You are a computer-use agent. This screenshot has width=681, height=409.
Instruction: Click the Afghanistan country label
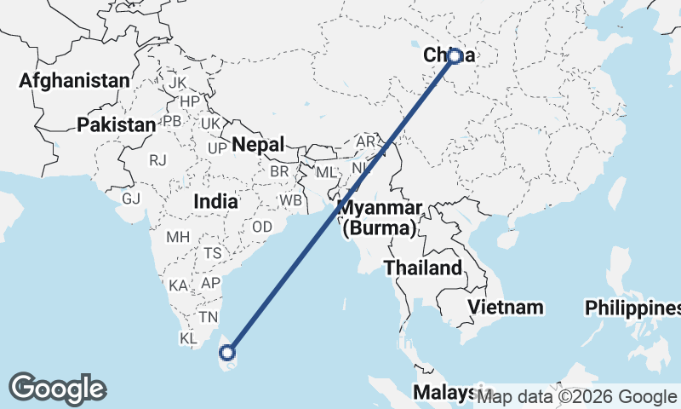[74, 81]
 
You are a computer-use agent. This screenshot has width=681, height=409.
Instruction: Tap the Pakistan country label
[116, 124]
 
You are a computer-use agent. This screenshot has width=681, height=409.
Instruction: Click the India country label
[215, 202]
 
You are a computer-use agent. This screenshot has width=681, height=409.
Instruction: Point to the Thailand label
[422, 268]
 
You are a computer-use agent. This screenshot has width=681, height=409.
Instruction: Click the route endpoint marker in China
[455, 56]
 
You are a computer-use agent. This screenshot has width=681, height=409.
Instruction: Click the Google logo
[57, 389]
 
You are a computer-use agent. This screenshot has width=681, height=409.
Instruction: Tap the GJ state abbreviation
[131, 199]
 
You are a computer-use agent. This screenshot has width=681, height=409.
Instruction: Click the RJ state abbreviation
[157, 159]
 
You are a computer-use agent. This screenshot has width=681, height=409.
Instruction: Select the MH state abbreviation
[177, 236]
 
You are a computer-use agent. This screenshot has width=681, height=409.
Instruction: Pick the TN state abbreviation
[209, 316]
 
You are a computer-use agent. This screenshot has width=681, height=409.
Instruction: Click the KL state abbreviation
[189, 337]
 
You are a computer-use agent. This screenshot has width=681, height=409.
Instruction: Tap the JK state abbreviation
[177, 83]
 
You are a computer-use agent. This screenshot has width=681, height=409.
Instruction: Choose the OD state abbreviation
[262, 228]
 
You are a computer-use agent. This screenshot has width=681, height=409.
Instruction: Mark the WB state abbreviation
[291, 200]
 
